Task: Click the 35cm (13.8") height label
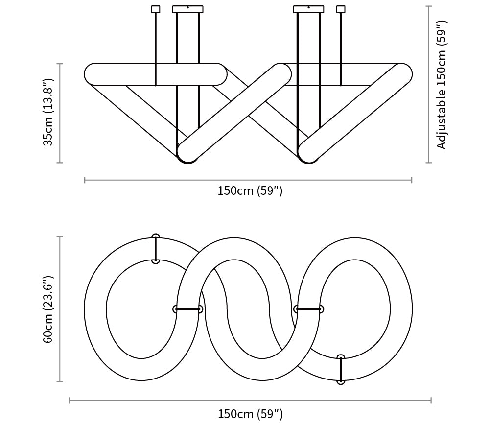pos(48,113)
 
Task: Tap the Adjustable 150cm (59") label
pos(442,85)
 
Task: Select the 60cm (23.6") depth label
pos(48,309)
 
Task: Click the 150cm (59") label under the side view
pos(250,190)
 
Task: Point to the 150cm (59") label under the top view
pos(250,414)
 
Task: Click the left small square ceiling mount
pos(156,9)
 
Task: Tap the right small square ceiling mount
pos(341,9)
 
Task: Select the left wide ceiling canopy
pos(188,9)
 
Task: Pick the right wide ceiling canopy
pos(309,9)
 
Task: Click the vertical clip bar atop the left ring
pos(156,249)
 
